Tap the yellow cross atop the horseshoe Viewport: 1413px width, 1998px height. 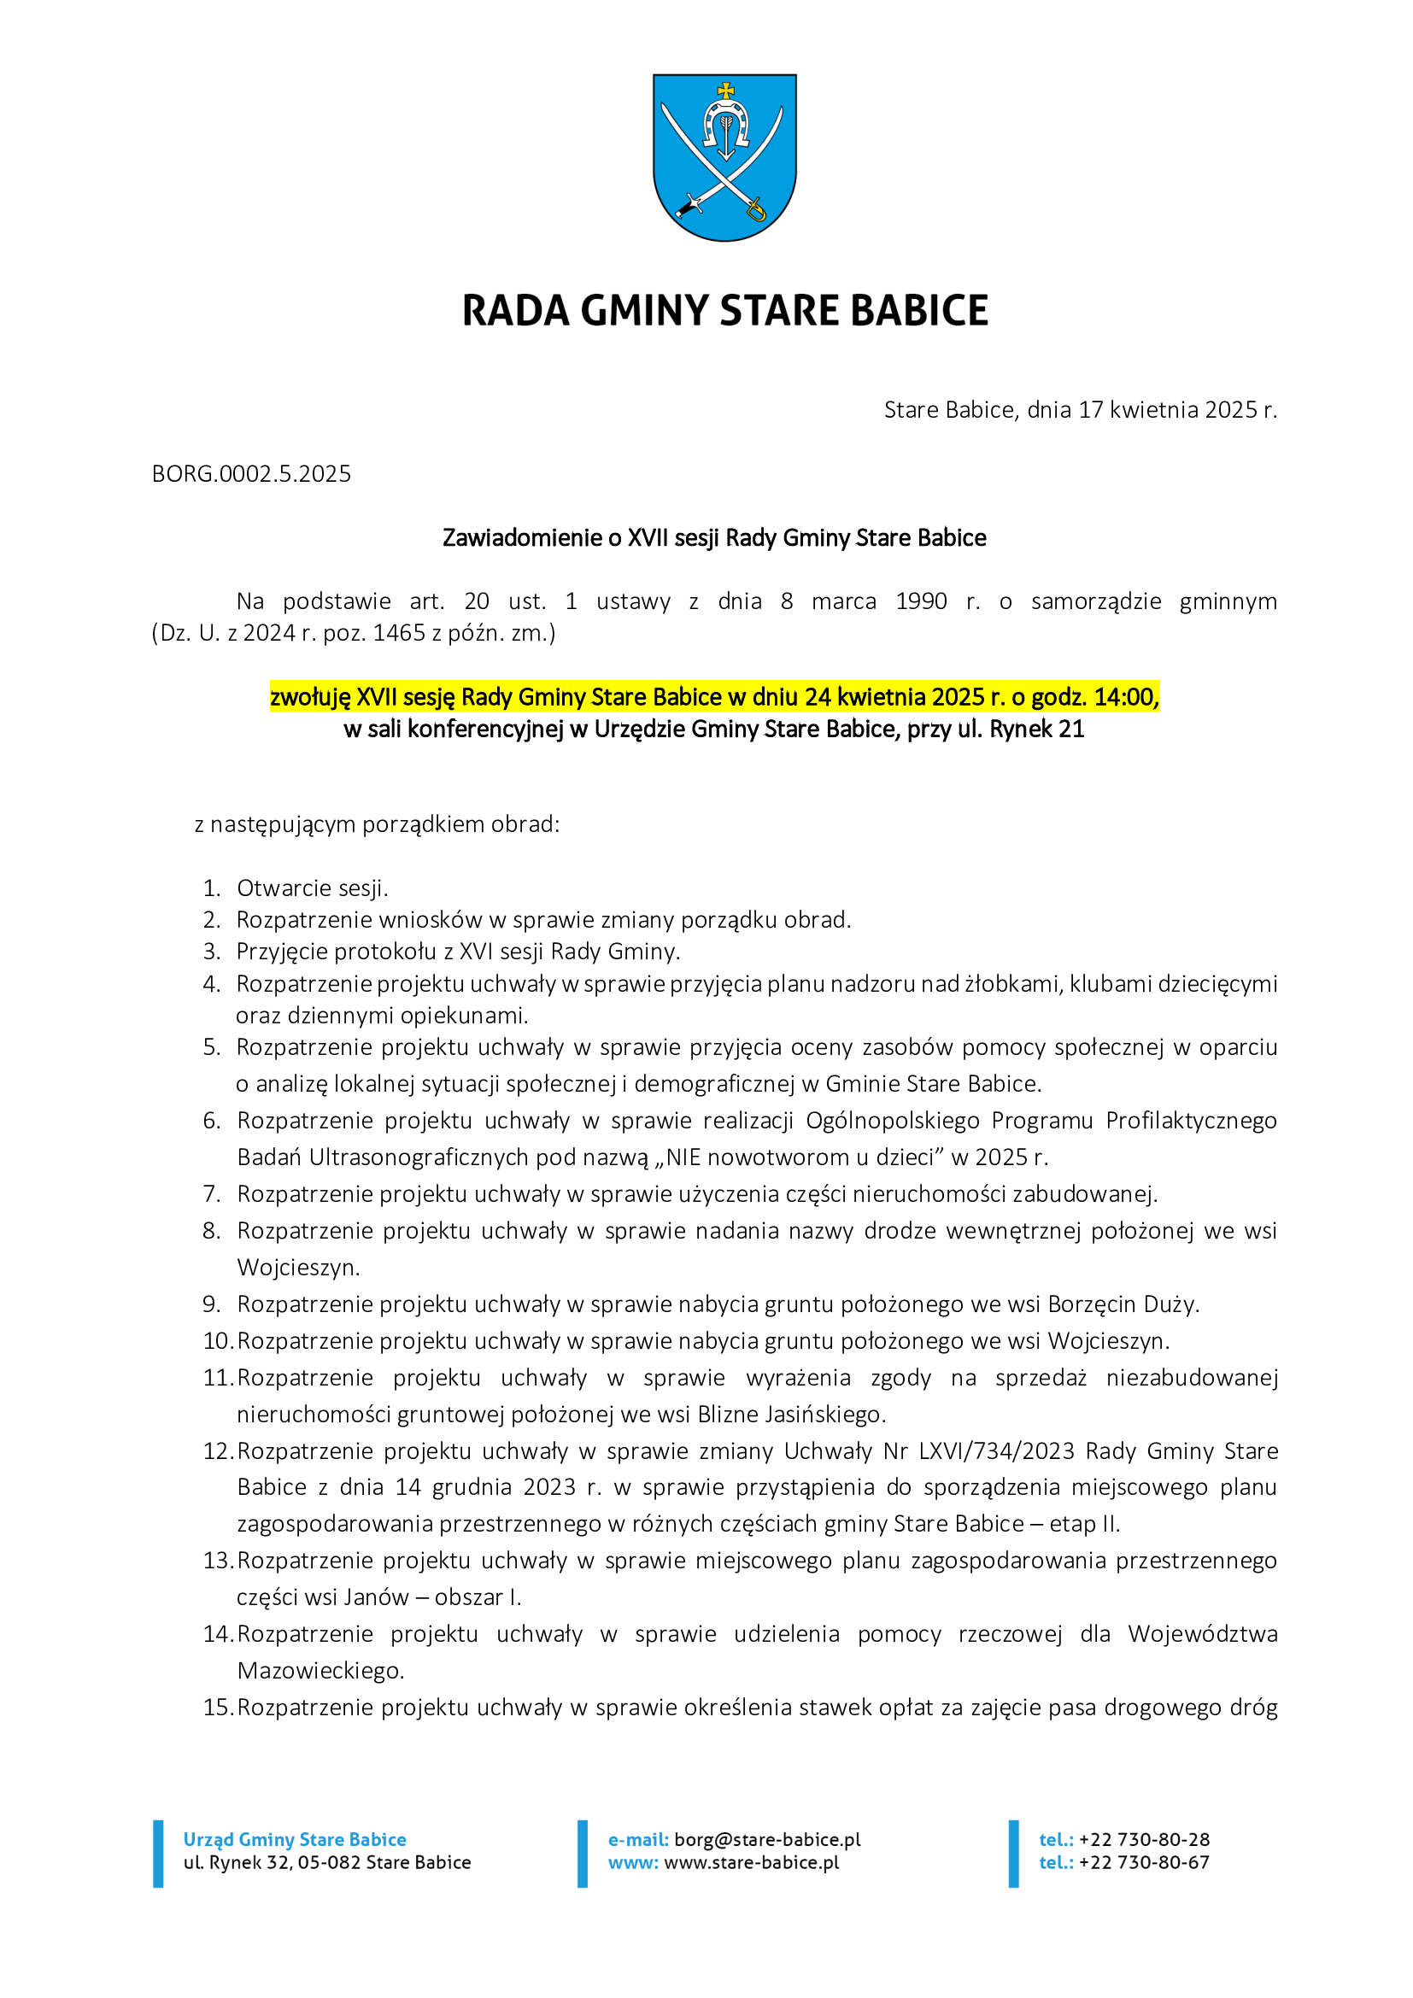[724, 90]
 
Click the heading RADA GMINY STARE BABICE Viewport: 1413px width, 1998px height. [724, 311]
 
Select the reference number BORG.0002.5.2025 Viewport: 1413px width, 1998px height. [251, 474]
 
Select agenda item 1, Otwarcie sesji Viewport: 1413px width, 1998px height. [313, 888]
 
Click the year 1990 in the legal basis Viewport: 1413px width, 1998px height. [921, 601]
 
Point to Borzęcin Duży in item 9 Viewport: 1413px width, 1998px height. [1123, 1304]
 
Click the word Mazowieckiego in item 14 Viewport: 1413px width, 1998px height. [320, 1671]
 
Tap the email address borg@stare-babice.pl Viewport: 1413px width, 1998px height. [767, 1840]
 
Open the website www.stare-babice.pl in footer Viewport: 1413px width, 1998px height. [752, 1862]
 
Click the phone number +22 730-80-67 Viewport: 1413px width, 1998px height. [1143, 1862]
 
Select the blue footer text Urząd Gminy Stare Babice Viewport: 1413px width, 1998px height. [295, 1840]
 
